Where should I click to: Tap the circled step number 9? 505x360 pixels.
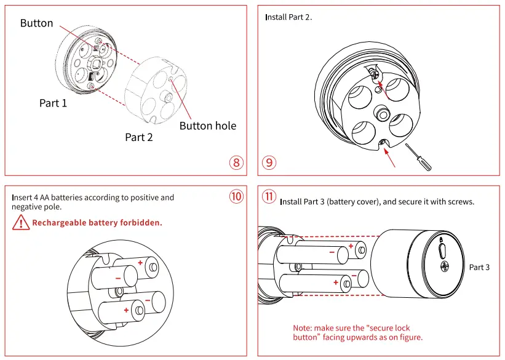tap(269, 162)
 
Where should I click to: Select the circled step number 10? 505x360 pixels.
tap(237, 196)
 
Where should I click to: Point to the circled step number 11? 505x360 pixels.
tap(269, 196)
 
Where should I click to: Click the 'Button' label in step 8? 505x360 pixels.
tap(36, 23)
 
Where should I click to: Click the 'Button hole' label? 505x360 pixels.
tap(207, 126)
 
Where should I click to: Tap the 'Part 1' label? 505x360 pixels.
tap(53, 103)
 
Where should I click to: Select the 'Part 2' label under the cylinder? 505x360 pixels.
tap(138, 137)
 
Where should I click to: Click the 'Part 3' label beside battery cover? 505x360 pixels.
tap(479, 267)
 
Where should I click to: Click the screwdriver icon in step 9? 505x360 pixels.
tap(418, 157)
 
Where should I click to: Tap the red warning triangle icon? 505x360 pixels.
tap(21, 223)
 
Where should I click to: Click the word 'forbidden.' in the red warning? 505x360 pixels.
tap(141, 223)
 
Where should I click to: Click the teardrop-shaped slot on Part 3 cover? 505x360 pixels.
tap(442, 250)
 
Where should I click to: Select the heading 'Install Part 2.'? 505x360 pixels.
tap(288, 17)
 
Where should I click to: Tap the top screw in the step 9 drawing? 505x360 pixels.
tap(375, 73)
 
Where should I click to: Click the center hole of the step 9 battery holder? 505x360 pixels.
tap(381, 113)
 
